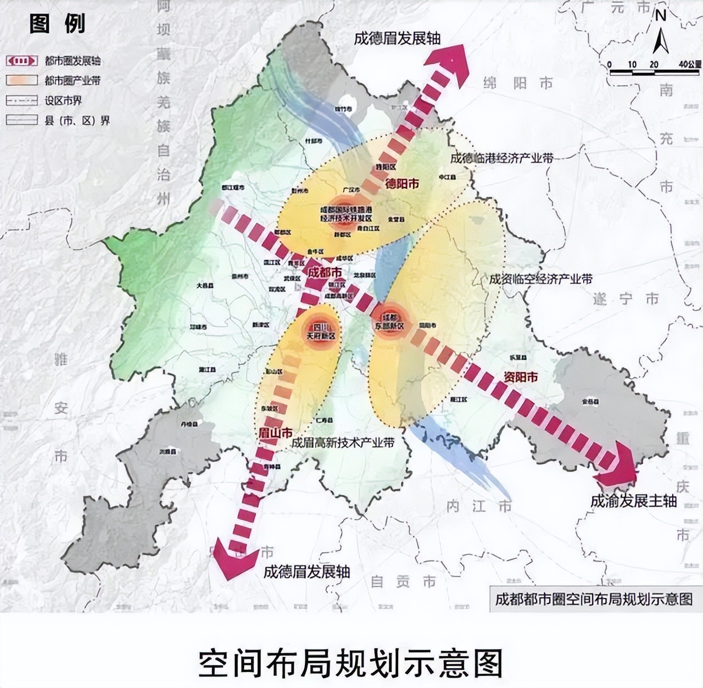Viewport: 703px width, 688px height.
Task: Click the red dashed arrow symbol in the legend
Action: tap(22, 60)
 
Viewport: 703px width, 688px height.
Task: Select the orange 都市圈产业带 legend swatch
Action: tap(22, 80)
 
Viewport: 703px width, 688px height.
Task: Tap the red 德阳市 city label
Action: tap(401, 184)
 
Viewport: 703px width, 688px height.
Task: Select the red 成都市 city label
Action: tap(324, 272)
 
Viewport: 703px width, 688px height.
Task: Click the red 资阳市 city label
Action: tap(520, 377)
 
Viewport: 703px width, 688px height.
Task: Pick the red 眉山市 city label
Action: tap(275, 433)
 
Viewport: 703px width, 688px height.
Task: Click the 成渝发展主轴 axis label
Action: tap(633, 501)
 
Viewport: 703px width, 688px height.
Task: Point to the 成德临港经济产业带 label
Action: tap(501, 158)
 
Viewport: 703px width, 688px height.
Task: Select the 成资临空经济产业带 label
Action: tap(540, 279)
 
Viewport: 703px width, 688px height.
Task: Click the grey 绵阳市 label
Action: tap(518, 83)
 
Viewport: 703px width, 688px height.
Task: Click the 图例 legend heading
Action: tap(57, 24)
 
